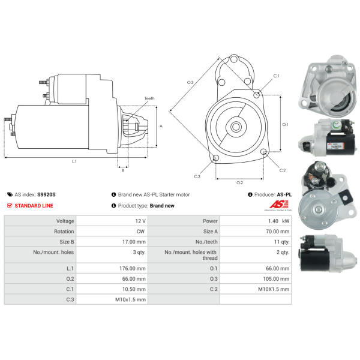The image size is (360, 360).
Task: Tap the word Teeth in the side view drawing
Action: (x=149, y=98)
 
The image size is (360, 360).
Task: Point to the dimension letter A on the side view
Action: (x=161, y=126)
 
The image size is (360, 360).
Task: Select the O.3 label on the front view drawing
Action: (x=190, y=82)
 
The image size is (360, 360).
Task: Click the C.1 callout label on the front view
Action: (x=276, y=76)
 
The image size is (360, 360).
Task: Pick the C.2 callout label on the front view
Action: (x=283, y=170)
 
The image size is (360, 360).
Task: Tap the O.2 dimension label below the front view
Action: (x=239, y=182)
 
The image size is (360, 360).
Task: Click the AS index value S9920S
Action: (x=46, y=194)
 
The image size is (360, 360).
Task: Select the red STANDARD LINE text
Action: (x=34, y=206)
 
